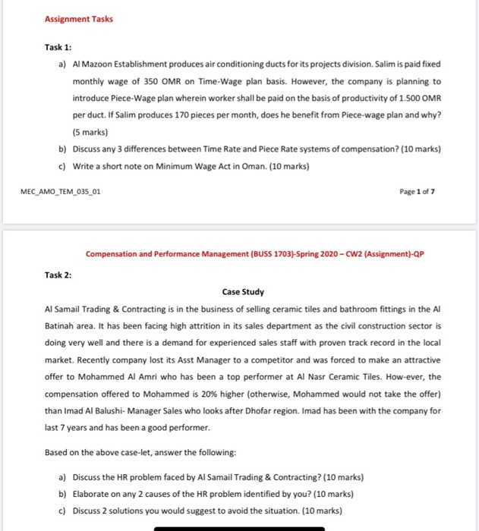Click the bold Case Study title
pyautogui.click(x=243, y=291)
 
